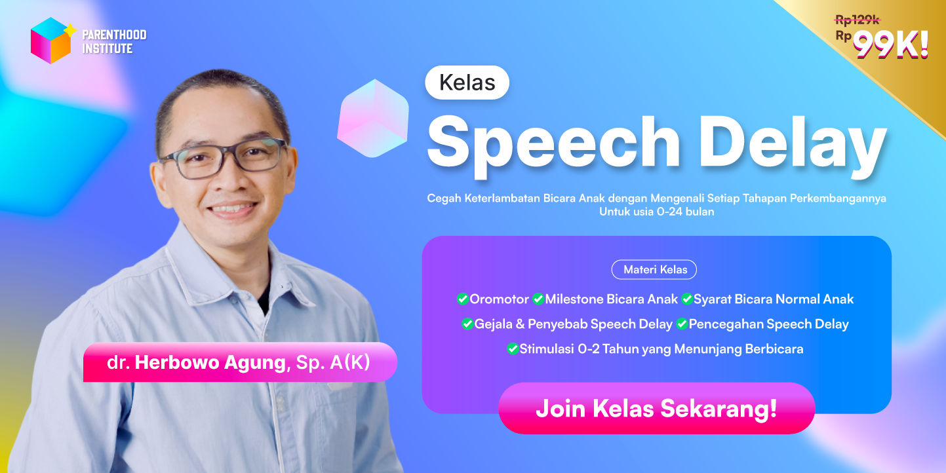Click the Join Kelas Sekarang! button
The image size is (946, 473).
click(656, 408)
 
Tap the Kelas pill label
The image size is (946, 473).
click(467, 83)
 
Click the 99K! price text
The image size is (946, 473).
click(891, 45)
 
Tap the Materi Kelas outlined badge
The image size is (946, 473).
click(654, 269)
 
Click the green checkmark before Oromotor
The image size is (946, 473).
click(462, 299)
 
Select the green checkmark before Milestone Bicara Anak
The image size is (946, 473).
click(538, 299)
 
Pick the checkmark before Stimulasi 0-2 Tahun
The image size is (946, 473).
click(513, 349)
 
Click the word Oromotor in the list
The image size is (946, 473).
click(500, 299)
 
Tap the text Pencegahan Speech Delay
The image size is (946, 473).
click(768, 324)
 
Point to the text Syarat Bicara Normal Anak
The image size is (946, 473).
click(774, 299)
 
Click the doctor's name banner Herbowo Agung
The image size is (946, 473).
click(239, 362)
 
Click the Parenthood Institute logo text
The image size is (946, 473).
click(114, 41)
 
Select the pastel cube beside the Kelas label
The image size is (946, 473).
click(372, 119)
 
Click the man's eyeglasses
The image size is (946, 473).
click(223, 158)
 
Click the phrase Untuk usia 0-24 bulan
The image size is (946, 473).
click(656, 212)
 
